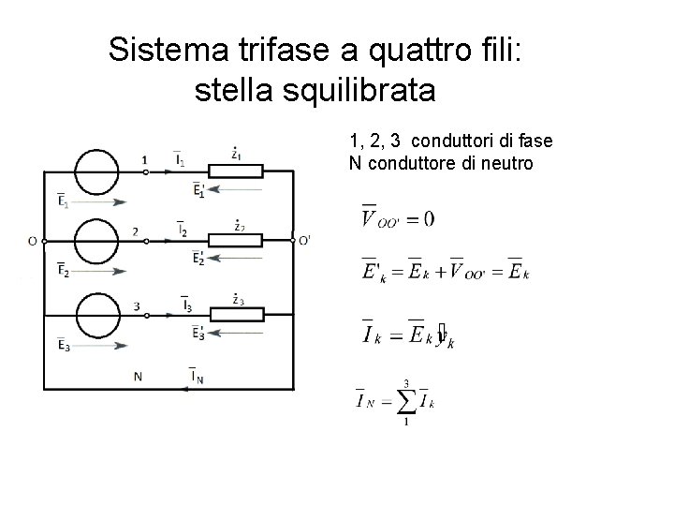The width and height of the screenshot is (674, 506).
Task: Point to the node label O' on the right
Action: click(304, 241)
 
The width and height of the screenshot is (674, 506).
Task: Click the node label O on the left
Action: click(32, 242)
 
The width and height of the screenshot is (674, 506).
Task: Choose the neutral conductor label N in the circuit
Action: click(138, 377)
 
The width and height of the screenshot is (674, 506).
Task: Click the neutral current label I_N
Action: click(198, 377)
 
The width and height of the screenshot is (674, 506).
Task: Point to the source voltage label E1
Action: click(62, 201)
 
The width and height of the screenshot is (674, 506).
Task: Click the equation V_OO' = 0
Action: click(397, 219)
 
